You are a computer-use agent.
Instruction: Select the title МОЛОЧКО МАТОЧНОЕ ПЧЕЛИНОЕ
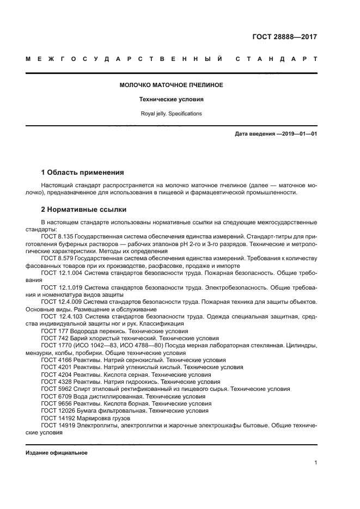(x=171, y=85)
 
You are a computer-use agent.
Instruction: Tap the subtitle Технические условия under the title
(x=171, y=100)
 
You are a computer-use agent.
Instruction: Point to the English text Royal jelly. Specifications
(x=171, y=114)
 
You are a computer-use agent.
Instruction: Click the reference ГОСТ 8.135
(x=57, y=236)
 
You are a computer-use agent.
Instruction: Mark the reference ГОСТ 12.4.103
(x=60, y=316)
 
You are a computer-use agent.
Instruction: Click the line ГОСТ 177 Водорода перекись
(x=114, y=331)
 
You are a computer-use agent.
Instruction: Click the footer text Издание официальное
(x=57, y=453)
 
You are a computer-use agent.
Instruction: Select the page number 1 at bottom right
(x=315, y=463)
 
